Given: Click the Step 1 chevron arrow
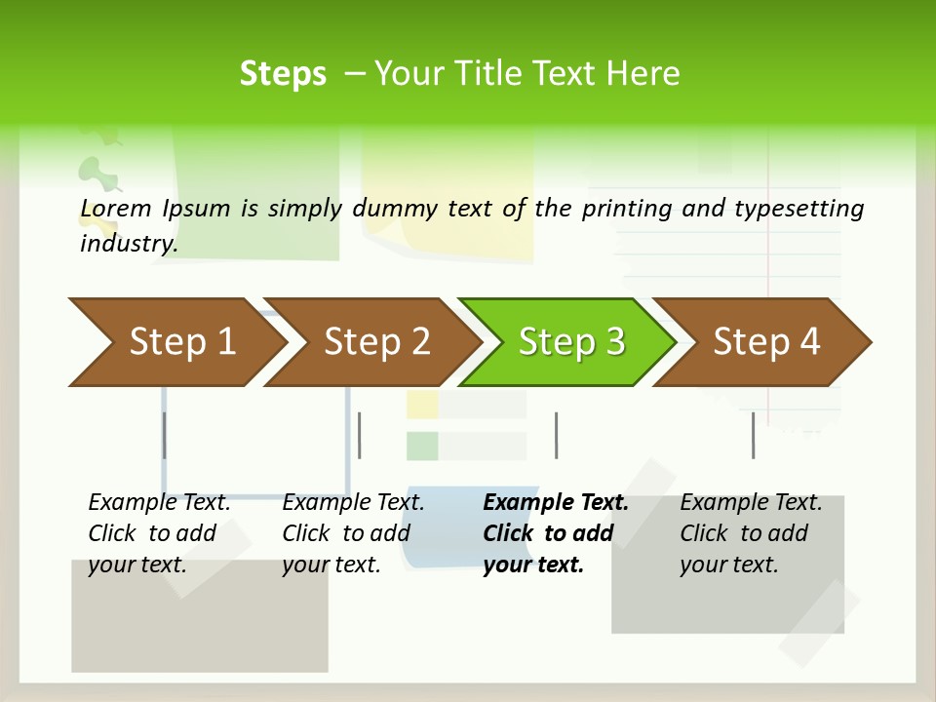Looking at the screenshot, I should tap(175, 342).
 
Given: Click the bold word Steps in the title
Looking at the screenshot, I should tap(283, 74).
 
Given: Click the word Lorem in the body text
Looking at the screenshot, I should tap(116, 209).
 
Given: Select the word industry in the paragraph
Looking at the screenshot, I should tap(128, 244).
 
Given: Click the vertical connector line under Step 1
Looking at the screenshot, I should tap(164, 435).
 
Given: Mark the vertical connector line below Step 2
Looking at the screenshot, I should tap(360, 435).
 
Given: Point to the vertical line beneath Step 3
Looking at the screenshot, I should tap(556, 435).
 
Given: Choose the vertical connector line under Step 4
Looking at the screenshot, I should tap(753, 435).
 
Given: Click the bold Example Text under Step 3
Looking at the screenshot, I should tap(556, 503).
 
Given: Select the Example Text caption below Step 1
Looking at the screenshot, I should tap(160, 503).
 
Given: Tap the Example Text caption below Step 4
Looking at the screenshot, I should tap(751, 503).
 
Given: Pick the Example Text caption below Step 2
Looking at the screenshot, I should tap(353, 503).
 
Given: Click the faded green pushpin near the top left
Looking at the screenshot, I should tap(97, 174).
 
